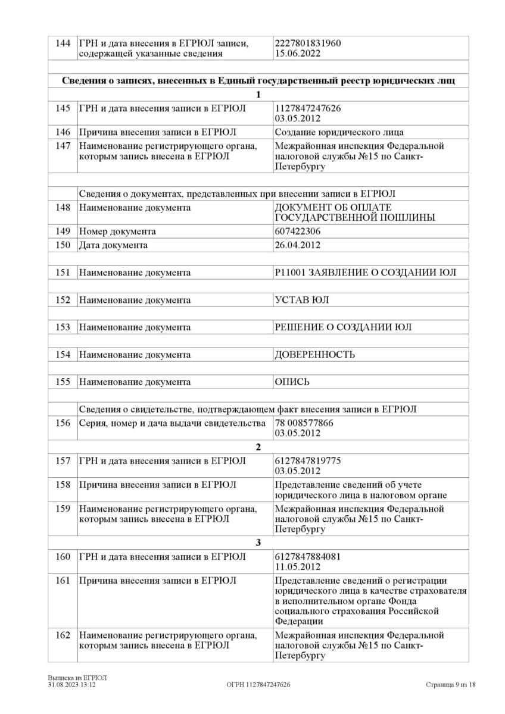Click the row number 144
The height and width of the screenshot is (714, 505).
pyautogui.click(x=63, y=44)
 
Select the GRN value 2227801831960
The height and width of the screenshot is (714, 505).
pyautogui.click(x=308, y=44)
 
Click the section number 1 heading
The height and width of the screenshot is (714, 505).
pyautogui.click(x=258, y=95)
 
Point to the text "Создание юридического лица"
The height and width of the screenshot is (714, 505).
pyautogui.click(x=339, y=132)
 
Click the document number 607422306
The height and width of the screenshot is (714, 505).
pyautogui.click(x=297, y=231)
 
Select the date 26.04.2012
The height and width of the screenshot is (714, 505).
pyautogui.click(x=296, y=245)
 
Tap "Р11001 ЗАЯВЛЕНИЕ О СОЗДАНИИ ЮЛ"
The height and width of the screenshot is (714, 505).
pyautogui.click(x=365, y=273)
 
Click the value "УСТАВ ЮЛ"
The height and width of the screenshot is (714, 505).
pyautogui.click(x=301, y=300)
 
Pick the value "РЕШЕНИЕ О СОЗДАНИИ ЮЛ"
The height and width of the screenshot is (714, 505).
pyautogui.click(x=343, y=327)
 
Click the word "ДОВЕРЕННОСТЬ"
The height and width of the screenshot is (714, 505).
pyautogui.click(x=314, y=355)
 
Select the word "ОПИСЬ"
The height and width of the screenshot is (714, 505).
pyautogui.click(x=292, y=382)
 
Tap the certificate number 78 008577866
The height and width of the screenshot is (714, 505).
pyautogui.click(x=304, y=424)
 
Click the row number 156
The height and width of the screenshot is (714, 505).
pyautogui.click(x=63, y=424)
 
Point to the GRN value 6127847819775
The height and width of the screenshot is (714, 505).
pyautogui.click(x=308, y=461)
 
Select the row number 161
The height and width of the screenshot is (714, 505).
pyautogui.click(x=63, y=581)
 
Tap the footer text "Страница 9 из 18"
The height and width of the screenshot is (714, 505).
pyautogui.click(x=451, y=685)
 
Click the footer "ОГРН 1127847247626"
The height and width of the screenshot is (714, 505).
pyautogui.click(x=258, y=685)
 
